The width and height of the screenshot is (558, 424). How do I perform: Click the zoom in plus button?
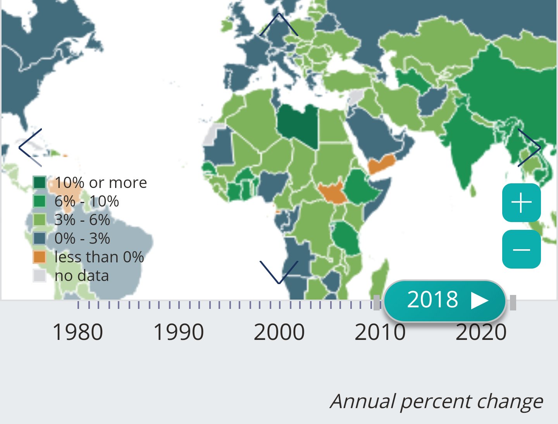(x=521, y=203)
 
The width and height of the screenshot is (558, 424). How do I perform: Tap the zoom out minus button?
(x=521, y=249)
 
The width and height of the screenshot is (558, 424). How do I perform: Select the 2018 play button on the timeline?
(x=445, y=300)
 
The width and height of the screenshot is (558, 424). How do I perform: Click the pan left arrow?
(x=30, y=147)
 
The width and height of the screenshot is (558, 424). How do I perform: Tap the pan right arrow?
(x=529, y=147)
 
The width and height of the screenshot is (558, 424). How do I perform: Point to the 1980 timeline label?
(x=77, y=332)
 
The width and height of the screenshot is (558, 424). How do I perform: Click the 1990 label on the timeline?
(x=179, y=332)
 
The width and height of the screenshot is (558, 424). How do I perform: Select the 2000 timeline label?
(x=279, y=332)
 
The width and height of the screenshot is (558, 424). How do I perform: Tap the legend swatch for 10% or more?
(x=40, y=182)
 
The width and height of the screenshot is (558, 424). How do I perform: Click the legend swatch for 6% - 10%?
(x=40, y=201)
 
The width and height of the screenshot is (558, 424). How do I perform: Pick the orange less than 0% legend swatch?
(x=40, y=257)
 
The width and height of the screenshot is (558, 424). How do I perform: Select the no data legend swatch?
(x=40, y=276)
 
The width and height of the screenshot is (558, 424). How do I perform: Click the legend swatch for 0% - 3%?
(x=40, y=238)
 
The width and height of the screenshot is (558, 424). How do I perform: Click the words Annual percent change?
(x=436, y=401)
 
